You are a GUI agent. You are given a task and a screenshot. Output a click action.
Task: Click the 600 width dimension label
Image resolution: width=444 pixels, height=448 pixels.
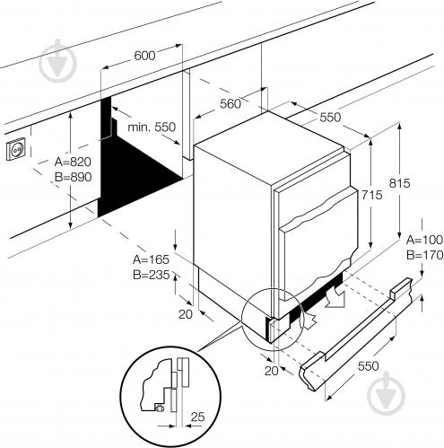(144, 56)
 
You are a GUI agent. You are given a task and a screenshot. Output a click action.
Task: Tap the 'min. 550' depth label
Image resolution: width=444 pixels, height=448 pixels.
(152, 127)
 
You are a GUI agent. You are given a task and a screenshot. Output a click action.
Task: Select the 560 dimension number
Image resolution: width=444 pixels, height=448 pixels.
(231, 104)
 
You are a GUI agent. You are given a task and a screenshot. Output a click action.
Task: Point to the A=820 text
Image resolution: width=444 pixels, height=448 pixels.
(73, 162)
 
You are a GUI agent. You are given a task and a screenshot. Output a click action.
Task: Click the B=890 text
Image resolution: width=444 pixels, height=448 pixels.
(74, 177)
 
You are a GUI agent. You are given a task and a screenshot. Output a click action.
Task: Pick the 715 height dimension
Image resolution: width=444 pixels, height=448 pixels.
(372, 195)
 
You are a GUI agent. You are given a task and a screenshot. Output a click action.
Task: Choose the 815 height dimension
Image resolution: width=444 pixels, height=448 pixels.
(399, 183)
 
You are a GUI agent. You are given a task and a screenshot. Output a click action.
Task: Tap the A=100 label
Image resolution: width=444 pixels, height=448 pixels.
(424, 240)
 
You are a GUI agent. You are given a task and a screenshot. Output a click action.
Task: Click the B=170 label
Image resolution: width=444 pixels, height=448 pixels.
(424, 255)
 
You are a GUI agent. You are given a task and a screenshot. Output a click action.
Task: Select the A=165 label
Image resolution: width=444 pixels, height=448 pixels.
(151, 259)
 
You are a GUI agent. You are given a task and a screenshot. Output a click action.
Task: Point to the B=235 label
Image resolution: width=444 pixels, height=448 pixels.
(152, 275)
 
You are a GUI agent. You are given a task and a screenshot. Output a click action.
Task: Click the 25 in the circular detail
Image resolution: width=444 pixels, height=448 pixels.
(197, 417)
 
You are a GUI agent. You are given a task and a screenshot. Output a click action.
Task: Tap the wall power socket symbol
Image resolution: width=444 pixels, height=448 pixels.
(16, 148)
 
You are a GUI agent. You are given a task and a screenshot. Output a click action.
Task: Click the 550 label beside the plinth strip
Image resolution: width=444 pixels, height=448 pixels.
(368, 366)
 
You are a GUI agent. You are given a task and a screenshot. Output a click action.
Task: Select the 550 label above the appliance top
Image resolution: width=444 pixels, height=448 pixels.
(330, 118)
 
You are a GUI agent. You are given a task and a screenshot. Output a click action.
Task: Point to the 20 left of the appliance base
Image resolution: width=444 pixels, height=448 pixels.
(186, 314)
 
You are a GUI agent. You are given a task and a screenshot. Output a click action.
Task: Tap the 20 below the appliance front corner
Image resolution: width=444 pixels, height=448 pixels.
(272, 371)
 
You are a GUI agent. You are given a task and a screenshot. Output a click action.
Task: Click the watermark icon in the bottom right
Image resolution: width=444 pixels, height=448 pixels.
(386, 393)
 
